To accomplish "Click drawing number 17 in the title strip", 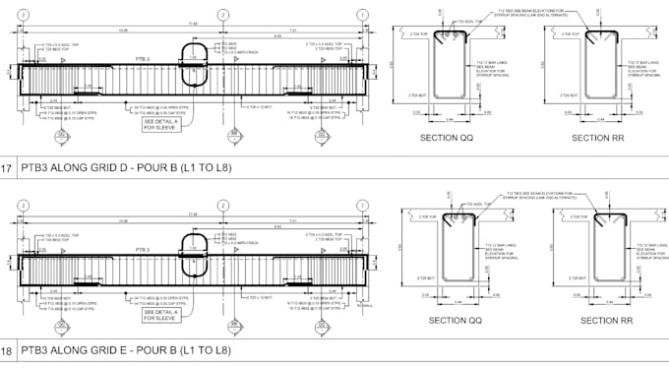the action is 7,168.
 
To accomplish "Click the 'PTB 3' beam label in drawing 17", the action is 143,59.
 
